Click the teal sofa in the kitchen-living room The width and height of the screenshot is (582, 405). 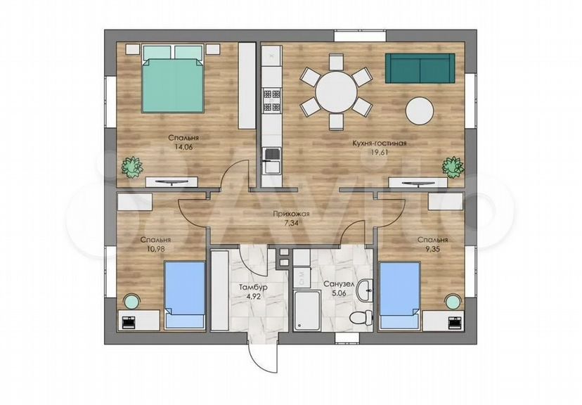tap(420, 68)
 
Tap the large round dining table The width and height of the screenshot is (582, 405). tap(336, 91)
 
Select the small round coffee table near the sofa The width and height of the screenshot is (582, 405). tap(420, 110)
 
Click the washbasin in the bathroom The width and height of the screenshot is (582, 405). tap(366, 290)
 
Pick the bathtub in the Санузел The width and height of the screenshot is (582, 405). tap(306, 311)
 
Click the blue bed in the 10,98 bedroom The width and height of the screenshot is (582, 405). tap(185, 295)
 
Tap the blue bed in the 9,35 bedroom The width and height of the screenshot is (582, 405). tap(400, 295)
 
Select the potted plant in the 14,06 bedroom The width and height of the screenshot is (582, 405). tap(131, 167)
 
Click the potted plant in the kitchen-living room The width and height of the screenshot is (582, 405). tap(453, 167)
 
